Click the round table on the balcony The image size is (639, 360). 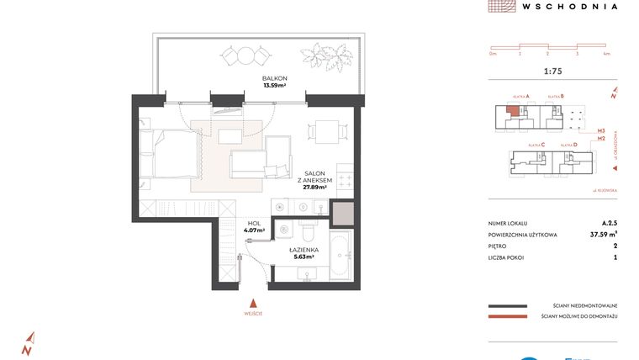[245, 56]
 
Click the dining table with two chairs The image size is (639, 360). [325, 131]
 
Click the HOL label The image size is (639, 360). [254, 222]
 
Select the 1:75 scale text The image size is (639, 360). [552, 71]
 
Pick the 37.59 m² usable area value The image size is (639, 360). [603, 236]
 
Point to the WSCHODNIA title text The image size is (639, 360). [570, 6]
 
